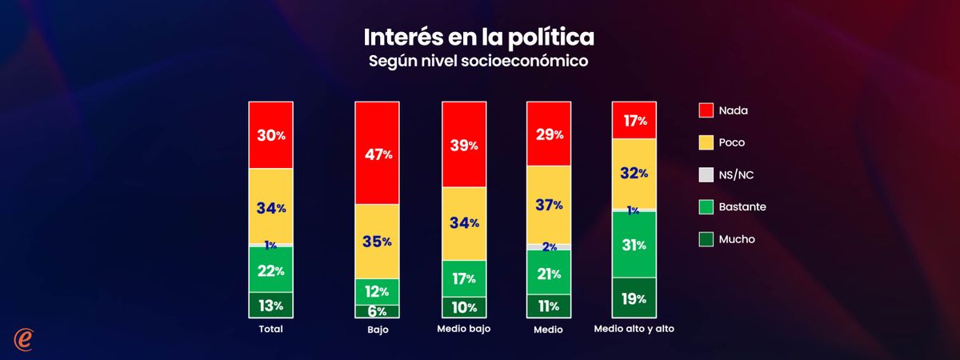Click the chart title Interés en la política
(479, 38)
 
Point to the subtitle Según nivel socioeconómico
(479, 62)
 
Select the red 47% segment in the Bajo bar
(378, 154)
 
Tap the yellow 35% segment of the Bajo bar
(378, 242)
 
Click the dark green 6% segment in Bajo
(378, 311)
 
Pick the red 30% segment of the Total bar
(270, 135)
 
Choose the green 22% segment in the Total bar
(270, 270)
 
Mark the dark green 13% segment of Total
(270, 305)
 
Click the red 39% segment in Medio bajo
(463, 145)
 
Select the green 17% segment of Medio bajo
(463, 278)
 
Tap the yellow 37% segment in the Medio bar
(548, 205)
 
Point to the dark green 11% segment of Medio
(548, 306)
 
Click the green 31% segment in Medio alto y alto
(634, 244)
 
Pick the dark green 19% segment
(634, 298)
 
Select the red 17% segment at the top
(634, 120)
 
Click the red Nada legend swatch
(706, 110)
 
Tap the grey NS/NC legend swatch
(706, 174)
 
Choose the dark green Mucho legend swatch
(706, 238)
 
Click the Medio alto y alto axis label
(634, 329)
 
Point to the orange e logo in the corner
(26, 338)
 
